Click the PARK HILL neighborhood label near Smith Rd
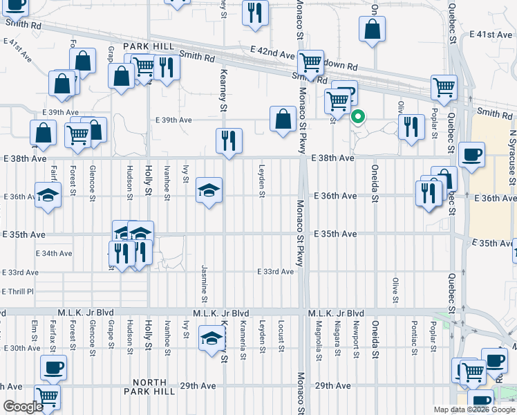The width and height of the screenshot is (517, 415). click(x=146, y=46)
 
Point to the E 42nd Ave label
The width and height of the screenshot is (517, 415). click(x=273, y=53)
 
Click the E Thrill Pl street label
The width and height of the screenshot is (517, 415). click(x=17, y=291)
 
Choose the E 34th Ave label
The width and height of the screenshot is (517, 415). click(x=54, y=253)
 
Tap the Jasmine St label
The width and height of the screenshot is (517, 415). click(x=205, y=284)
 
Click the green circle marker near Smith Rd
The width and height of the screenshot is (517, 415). click(x=357, y=116)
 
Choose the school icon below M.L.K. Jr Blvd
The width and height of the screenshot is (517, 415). click(x=211, y=338)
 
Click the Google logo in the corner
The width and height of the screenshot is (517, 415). click(x=23, y=407)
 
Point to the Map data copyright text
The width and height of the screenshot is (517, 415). click(x=473, y=409)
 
